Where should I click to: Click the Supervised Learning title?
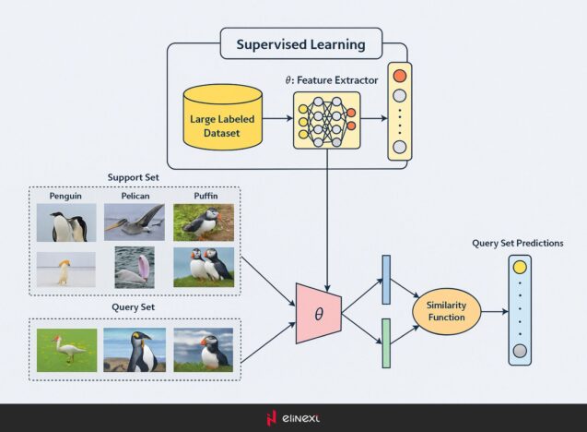tap(299, 44)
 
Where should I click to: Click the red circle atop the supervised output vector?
tap(399, 74)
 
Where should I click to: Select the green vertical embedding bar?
tap(385, 343)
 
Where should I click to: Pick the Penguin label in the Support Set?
tap(66, 197)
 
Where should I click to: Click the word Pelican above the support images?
tap(134, 197)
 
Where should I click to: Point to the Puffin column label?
tap(205, 197)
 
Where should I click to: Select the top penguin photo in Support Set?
tap(67, 222)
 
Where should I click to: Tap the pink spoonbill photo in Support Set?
tap(135, 267)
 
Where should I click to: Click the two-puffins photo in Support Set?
tap(203, 267)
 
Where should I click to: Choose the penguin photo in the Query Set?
tap(135, 349)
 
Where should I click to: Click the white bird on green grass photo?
tap(67, 349)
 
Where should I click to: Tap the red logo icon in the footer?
tap(271, 417)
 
